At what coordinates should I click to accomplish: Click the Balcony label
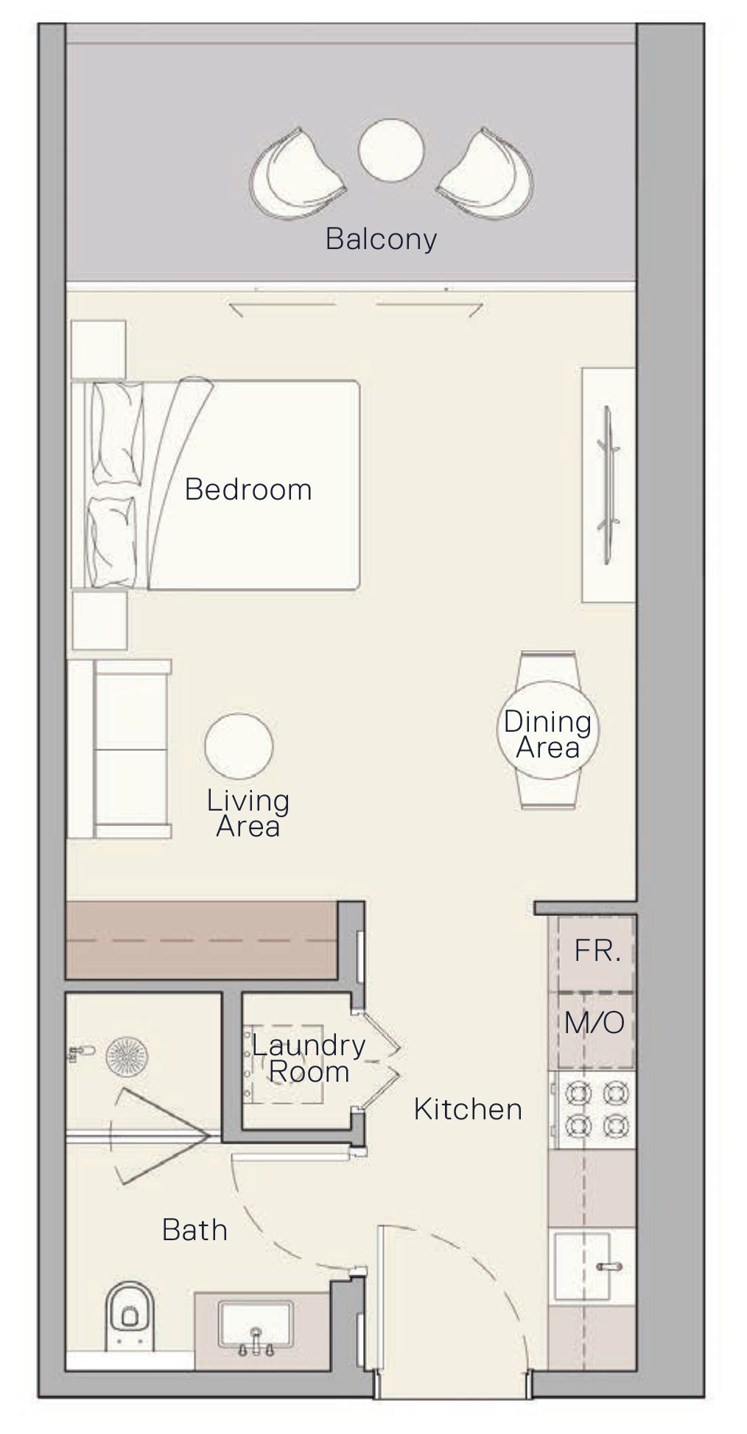pos(381,239)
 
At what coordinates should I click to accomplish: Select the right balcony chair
pos(487,174)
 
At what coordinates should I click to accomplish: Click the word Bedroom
pos(248,490)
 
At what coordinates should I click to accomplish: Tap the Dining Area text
pos(547,734)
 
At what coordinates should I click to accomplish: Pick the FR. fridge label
pos(597,951)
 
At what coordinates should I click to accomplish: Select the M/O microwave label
pos(594,1023)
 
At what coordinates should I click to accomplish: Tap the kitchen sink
pos(593,1267)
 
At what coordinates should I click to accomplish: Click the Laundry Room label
pos(308,1058)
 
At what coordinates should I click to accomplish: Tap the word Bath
pos(194,1230)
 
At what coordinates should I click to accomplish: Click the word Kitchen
pos(468,1109)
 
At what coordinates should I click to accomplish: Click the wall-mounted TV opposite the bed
pos(609,485)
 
